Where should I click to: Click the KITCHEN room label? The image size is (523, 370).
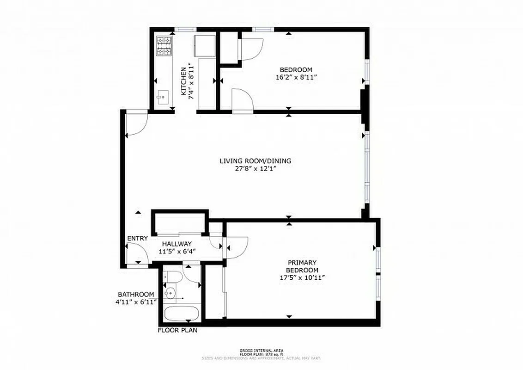183,79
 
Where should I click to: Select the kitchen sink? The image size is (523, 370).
162,97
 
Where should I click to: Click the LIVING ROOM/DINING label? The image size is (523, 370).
255,161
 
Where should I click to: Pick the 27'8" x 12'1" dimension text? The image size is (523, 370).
255,169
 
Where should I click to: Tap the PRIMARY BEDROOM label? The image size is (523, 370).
302,266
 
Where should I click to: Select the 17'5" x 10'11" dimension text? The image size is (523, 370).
302,277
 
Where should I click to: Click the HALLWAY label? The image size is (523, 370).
176,244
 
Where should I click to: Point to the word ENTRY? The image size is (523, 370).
137,238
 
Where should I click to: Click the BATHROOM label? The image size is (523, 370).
136,294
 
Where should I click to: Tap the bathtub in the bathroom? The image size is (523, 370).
182,313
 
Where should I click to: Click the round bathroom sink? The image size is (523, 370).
170,292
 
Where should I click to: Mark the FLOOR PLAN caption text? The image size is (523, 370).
177,330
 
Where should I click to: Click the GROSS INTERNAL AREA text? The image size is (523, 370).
261,350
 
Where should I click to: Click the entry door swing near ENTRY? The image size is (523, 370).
137,255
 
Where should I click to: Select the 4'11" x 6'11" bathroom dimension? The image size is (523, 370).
136,302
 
